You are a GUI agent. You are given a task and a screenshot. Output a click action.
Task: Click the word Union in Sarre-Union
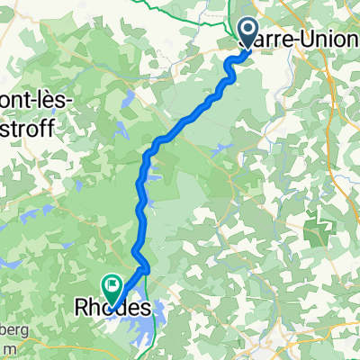click(x=305, y=40)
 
